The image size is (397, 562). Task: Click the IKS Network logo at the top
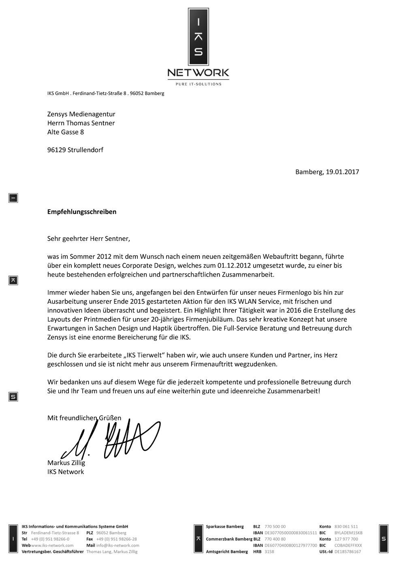click(198, 45)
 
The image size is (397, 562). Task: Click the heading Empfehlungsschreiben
click(82, 212)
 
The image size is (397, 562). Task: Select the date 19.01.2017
click(342, 172)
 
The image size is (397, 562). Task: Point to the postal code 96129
click(56, 150)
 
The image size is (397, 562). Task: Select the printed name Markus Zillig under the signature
click(66, 463)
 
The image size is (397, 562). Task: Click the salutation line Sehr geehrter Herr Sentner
click(89, 238)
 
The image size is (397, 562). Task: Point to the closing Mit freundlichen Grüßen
click(84, 418)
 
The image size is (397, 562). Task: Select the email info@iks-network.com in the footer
click(118, 545)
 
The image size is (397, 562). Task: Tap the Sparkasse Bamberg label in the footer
click(225, 527)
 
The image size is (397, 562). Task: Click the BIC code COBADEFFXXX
click(348, 545)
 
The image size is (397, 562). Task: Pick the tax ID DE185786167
click(348, 552)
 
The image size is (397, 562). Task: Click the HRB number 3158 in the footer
click(269, 552)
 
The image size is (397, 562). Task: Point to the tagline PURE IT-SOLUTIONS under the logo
click(198, 84)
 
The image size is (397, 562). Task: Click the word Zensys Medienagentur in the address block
click(81, 114)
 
